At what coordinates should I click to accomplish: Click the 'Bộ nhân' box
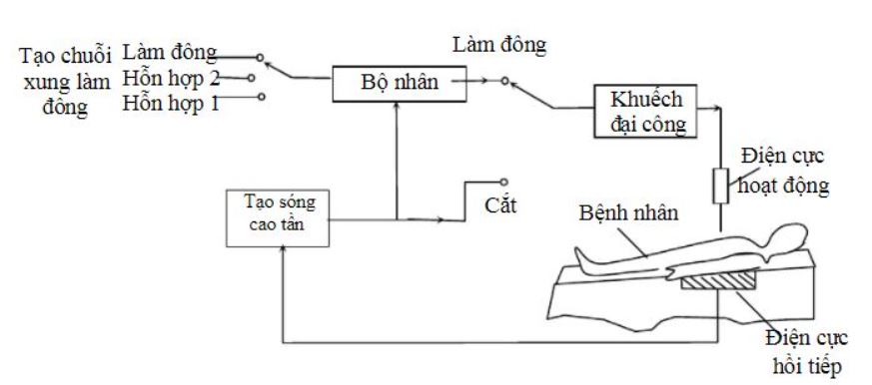399,80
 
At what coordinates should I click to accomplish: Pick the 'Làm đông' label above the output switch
499,46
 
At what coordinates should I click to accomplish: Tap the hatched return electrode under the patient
717,284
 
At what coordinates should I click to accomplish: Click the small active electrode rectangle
720,185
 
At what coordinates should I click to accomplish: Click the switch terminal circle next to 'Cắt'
504,182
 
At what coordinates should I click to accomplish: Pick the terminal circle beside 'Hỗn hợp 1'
261,97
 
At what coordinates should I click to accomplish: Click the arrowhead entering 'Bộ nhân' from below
399,106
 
